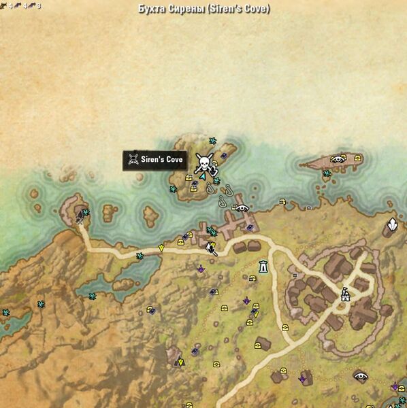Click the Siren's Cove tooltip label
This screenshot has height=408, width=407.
154,160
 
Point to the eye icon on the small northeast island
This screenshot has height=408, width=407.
338,159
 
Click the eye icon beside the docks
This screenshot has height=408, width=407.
242,208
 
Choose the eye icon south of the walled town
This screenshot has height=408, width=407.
360,375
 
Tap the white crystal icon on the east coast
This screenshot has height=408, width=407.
393,225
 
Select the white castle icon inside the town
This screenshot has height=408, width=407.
345,294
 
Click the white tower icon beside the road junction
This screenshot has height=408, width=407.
263,267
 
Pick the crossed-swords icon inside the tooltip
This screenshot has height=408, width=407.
133,160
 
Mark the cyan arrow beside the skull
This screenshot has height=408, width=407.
202,175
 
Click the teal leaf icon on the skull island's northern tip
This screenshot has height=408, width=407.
212,141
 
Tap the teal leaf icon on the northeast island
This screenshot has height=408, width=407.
327,173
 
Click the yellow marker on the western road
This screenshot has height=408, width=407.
161,248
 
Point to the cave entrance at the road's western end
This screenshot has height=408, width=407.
79,216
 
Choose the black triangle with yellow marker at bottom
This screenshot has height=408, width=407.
180,361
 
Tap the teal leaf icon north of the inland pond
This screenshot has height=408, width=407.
140,256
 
